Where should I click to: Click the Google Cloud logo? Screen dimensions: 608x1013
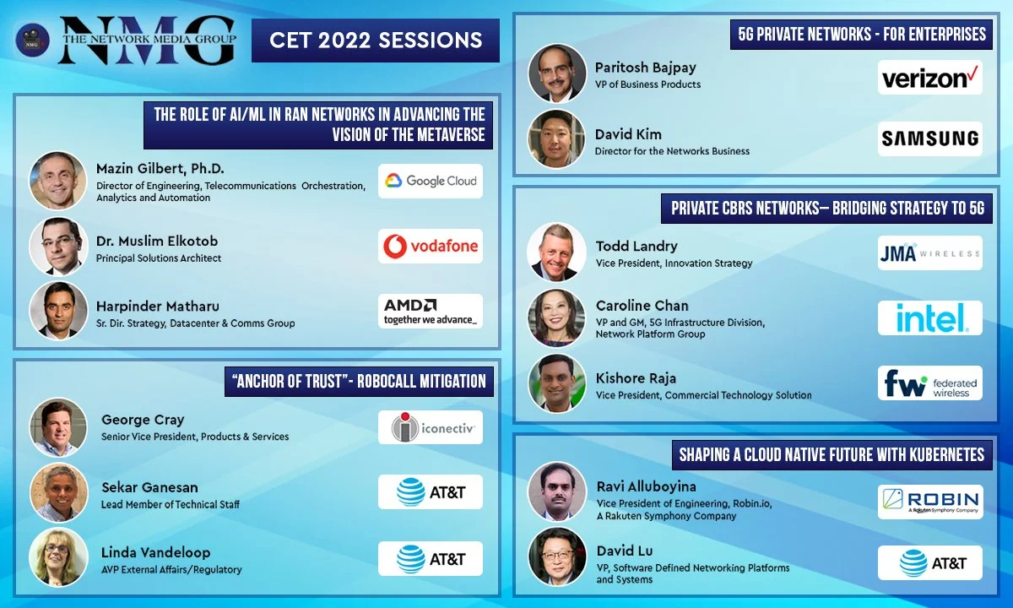coord(430,181)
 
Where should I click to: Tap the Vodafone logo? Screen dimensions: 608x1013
coord(430,246)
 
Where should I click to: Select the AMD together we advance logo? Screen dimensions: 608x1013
coord(430,311)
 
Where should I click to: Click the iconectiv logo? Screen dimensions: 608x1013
coord(430,427)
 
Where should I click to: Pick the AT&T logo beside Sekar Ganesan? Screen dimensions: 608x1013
coord(430,492)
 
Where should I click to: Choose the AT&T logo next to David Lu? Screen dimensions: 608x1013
coord(929,563)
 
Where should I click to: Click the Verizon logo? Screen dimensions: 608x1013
coord(929,78)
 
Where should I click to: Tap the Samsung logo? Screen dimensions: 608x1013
coord(929,138)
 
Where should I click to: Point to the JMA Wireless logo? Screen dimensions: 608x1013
coord(929,252)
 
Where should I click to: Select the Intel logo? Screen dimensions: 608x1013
coord(929,318)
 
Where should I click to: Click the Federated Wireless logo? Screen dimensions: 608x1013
coord(929,383)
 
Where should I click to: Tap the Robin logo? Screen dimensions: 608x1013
coord(929,502)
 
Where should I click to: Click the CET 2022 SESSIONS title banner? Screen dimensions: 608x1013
coord(376,40)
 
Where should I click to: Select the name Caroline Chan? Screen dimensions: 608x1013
coord(642,306)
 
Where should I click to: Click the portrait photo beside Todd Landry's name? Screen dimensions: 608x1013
coord(556,252)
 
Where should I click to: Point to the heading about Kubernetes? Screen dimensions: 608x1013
coord(832,455)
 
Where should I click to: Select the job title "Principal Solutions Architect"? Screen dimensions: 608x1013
coord(159,258)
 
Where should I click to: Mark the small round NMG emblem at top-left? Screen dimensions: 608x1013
coord(32,40)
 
